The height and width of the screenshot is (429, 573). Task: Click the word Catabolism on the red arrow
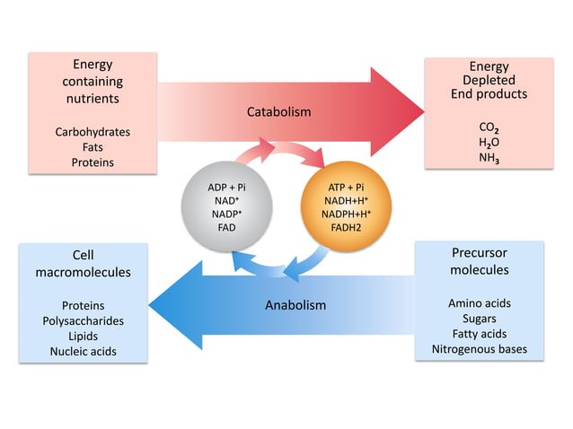tap(278, 112)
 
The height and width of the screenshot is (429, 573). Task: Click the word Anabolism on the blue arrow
tap(295, 305)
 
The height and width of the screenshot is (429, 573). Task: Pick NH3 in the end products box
tap(489, 156)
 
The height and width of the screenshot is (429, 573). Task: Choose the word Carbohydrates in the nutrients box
tap(93, 132)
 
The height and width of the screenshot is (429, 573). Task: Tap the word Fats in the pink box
tap(93, 147)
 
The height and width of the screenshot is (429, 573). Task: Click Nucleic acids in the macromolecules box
tap(83, 351)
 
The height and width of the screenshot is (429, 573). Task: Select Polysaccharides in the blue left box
tap(83, 320)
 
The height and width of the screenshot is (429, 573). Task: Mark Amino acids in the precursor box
tap(479, 303)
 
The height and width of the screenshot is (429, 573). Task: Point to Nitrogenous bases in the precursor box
tap(479, 349)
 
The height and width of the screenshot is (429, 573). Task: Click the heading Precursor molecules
tap(479, 261)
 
